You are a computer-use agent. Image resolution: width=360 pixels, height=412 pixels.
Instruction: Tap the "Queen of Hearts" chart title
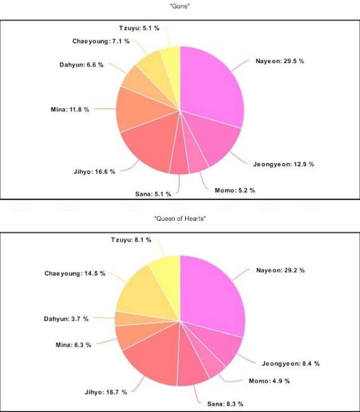180,219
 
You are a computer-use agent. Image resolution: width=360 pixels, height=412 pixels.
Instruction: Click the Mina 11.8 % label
70,109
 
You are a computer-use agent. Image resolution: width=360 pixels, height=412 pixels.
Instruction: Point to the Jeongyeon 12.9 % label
284,164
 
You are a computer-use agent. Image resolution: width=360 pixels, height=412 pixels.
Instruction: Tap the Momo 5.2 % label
235,190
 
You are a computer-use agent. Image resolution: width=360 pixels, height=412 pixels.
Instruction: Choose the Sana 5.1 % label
153,195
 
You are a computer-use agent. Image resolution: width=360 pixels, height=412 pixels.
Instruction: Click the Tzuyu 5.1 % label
139,28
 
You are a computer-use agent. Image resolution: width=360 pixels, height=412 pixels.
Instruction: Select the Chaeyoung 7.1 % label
101,41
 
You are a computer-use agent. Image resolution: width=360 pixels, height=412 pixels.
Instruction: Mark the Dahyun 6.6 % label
81,65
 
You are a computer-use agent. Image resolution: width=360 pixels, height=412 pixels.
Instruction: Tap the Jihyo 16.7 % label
106,392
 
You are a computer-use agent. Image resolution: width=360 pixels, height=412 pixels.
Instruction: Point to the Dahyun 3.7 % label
66,319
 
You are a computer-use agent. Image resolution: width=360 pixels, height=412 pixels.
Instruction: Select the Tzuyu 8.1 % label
131,240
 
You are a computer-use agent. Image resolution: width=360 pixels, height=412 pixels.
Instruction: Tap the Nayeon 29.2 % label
280,270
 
